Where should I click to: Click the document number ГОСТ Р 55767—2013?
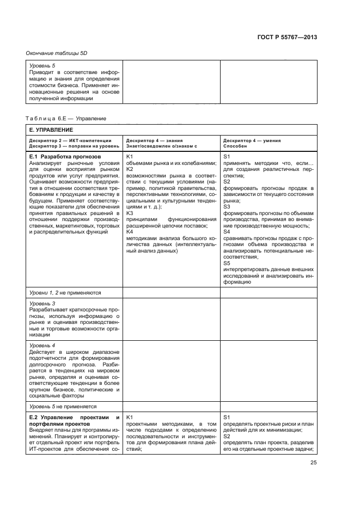pyautogui.click(x=286, y=37)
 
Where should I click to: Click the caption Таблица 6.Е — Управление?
pyautogui.click(x=66, y=118)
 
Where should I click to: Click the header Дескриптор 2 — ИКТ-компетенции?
pyautogui.click(x=70, y=140)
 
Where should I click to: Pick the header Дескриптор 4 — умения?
pyautogui.click(x=252, y=140)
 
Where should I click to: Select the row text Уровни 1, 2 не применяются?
pyautogui.click(x=65, y=292)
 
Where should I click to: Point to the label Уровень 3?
pyautogui.click(x=42, y=303)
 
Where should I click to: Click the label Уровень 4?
pyautogui.click(x=42, y=345)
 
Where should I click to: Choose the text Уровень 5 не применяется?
pyautogui.click(x=63, y=406)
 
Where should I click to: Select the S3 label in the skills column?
pyautogui.click(x=227, y=207)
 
